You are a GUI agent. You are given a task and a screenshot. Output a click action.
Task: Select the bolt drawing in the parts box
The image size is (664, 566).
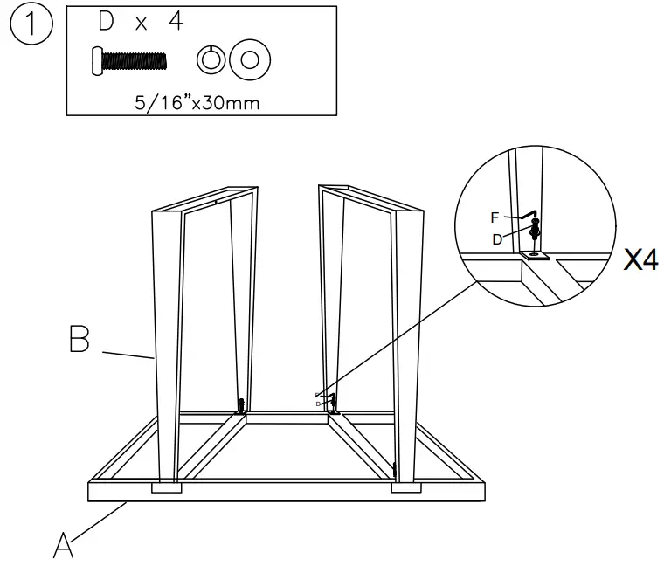[128, 61]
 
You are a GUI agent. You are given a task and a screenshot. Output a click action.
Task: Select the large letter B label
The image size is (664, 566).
[80, 339]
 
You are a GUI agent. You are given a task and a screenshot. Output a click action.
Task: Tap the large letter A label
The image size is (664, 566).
[64, 545]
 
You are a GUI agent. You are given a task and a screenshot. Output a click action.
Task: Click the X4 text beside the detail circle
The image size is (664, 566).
[640, 259]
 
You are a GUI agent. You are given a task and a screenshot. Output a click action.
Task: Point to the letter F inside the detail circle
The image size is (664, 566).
[495, 217]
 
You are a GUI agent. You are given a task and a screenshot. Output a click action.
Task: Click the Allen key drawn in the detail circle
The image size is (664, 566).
[525, 213]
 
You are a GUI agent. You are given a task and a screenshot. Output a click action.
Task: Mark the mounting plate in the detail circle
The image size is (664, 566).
[533, 255]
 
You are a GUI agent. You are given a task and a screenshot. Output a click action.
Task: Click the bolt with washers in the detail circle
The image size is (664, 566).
[535, 234]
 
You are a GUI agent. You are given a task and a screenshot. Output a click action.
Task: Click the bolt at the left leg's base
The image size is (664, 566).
[242, 405]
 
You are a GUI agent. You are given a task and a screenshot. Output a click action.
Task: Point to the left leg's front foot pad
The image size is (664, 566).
[168, 487]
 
